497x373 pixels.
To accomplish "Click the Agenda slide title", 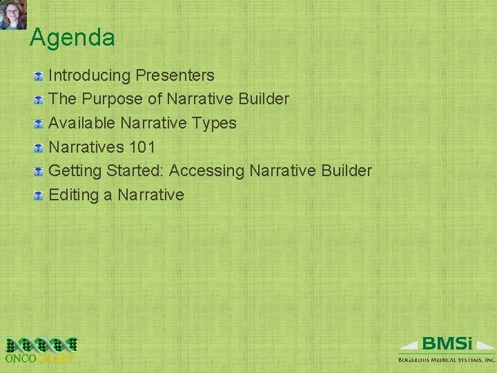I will click(x=72, y=37).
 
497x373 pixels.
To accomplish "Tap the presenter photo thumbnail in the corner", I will click(x=13, y=15).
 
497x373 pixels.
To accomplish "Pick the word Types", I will click(x=214, y=123).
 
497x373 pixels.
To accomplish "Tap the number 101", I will click(x=142, y=147).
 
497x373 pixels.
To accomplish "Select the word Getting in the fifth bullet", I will click(x=75, y=171).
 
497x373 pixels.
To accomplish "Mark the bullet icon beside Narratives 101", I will click(x=39, y=148).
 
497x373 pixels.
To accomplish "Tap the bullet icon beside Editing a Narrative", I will click(x=39, y=195).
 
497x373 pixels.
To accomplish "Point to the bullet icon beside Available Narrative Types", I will click(x=39, y=124).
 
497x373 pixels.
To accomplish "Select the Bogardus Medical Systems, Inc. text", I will click(x=447, y=359).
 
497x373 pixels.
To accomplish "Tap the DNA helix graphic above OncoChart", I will click(x=40, y=343).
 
